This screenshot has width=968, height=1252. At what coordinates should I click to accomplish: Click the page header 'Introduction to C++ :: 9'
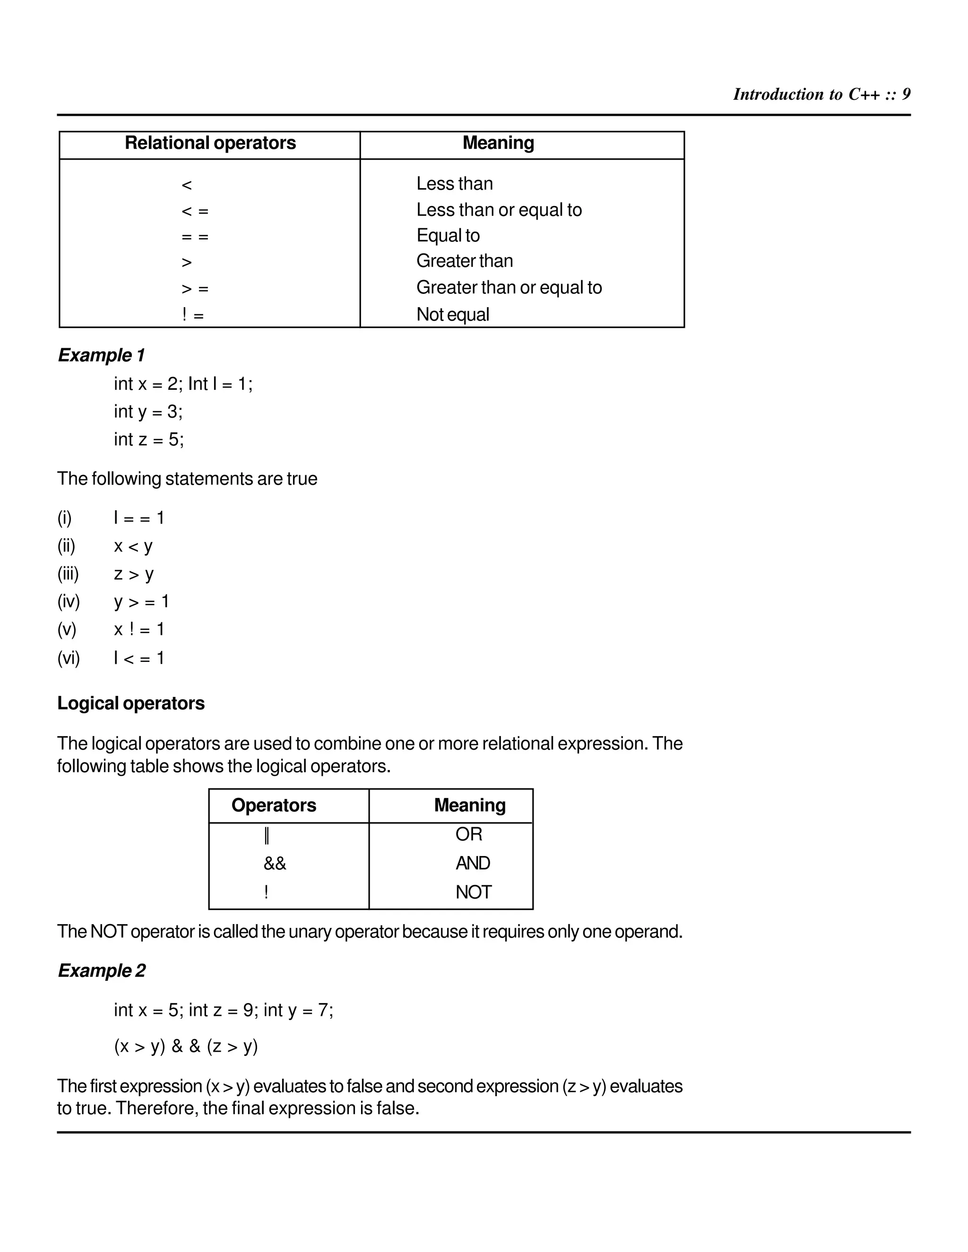[821, 94]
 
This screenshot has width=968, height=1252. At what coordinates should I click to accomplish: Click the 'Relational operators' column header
[210, 143]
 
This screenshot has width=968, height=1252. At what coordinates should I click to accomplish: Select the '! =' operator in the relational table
[193, 315]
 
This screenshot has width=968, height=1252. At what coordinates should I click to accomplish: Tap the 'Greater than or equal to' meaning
[509, 287]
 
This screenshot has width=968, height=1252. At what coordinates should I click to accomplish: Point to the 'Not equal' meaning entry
[452, 314]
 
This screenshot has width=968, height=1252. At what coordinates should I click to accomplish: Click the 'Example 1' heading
[102, 355]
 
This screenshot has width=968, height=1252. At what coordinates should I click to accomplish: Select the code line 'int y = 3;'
[148, 412]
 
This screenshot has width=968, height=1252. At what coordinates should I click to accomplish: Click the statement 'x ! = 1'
[139, 629]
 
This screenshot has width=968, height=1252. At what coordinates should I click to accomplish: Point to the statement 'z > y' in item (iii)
[134, 574]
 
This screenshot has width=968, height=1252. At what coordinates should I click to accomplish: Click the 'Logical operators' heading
[131, 703]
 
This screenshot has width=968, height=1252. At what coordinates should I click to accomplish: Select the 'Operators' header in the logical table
[274, 806]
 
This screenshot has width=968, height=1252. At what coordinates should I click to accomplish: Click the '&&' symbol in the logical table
[275, 863]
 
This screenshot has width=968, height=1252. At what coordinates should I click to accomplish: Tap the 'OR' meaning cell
[468, 834]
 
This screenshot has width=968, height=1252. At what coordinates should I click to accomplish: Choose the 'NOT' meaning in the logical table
[473, 892]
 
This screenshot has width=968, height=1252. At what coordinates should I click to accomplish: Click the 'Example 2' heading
[102, 970]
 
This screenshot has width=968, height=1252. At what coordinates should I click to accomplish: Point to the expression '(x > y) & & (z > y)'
[186, 1046]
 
